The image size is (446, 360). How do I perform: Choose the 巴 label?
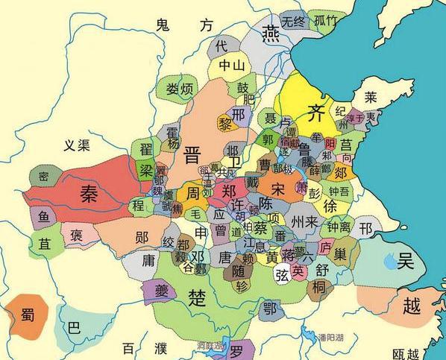73,326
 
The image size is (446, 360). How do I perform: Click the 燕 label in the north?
271,33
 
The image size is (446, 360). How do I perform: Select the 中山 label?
231,66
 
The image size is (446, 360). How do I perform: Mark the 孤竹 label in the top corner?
326,21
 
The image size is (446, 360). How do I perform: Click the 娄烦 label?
178,89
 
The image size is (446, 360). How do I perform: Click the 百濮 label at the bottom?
141,349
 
